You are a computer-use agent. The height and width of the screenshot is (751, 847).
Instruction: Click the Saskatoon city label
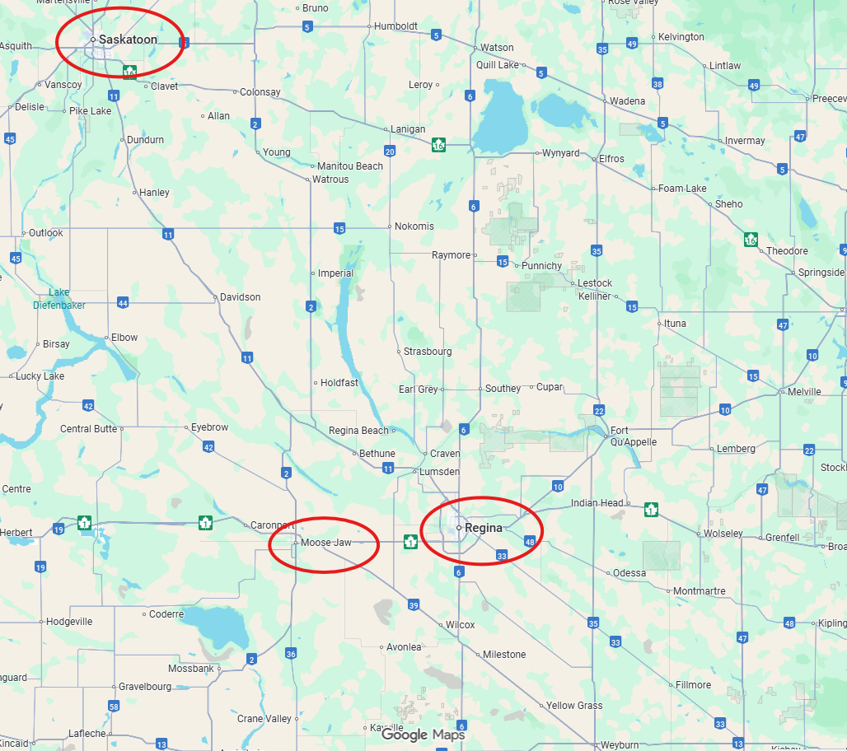(128, 39)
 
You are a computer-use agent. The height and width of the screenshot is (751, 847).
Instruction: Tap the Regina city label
(483, 527)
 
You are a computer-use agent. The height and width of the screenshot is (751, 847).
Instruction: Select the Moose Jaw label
(326, 543)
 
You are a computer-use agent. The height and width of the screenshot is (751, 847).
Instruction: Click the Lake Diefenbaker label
(59, 298)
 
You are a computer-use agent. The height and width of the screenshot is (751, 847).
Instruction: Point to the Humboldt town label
(395, 26)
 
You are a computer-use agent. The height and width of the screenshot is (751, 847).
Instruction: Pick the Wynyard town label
(560, 153)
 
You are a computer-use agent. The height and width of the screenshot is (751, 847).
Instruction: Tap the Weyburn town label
(620, 744)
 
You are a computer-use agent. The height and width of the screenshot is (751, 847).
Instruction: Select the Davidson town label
(240, 296)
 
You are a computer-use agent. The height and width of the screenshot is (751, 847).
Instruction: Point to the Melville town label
(804, 392)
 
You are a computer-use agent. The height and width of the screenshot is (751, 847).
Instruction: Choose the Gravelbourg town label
(144, 685)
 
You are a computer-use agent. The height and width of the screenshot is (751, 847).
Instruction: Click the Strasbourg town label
(427, 352)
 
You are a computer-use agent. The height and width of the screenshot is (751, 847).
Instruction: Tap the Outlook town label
(45, 233)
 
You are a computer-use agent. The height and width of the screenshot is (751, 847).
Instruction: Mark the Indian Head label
(597, 503)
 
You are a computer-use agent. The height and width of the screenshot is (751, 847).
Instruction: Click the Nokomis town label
(414, 226)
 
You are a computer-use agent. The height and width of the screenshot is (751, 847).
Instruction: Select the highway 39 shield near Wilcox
(414, 605)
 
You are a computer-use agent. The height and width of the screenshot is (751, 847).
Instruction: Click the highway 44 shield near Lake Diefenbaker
(123, 303)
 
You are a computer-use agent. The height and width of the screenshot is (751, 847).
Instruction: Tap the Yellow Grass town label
(573, 706)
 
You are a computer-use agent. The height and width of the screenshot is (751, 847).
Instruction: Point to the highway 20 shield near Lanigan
(389, 151)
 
